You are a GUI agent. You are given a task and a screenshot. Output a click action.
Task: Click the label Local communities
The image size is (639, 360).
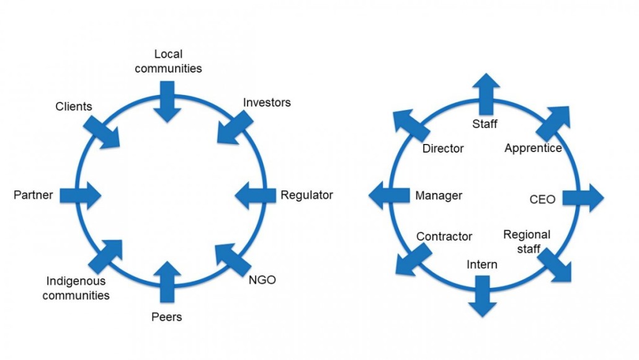tap(168, 61)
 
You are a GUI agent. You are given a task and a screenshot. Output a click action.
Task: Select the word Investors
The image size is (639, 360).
tap(267, 102)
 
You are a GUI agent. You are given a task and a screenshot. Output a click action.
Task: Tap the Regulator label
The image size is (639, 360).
tap(306, 195)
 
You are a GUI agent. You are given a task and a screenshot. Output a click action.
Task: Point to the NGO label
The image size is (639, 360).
tap(262, 279)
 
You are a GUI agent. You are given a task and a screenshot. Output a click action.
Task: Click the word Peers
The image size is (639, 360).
tap(167, 317)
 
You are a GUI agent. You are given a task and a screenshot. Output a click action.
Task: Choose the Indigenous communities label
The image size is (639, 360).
tap(76, 289)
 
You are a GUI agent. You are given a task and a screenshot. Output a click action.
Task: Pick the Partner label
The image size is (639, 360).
tap(34, 195)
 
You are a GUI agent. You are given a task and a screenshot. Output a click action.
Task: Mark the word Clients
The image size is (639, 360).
tap(73, 106)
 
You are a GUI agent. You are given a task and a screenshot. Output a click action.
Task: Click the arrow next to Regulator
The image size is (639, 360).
tap(256, 196)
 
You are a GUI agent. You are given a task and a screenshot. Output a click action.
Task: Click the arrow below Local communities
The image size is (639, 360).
tap(168, 102)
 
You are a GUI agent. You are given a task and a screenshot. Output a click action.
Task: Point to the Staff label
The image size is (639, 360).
tap(485, 124)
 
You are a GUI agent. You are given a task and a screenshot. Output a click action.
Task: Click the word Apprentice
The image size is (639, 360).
tap(533, 148)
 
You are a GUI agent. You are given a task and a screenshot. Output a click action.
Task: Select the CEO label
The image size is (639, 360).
tap(542, 199)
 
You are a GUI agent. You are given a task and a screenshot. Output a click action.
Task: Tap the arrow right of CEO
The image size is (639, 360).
tap(583, 198)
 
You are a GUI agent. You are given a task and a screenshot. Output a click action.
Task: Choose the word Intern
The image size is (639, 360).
tap(482, 264)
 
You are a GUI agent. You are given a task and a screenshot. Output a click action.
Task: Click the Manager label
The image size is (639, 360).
tap(439, 196)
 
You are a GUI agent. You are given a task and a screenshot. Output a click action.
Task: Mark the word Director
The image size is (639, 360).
tap(443, 148)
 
